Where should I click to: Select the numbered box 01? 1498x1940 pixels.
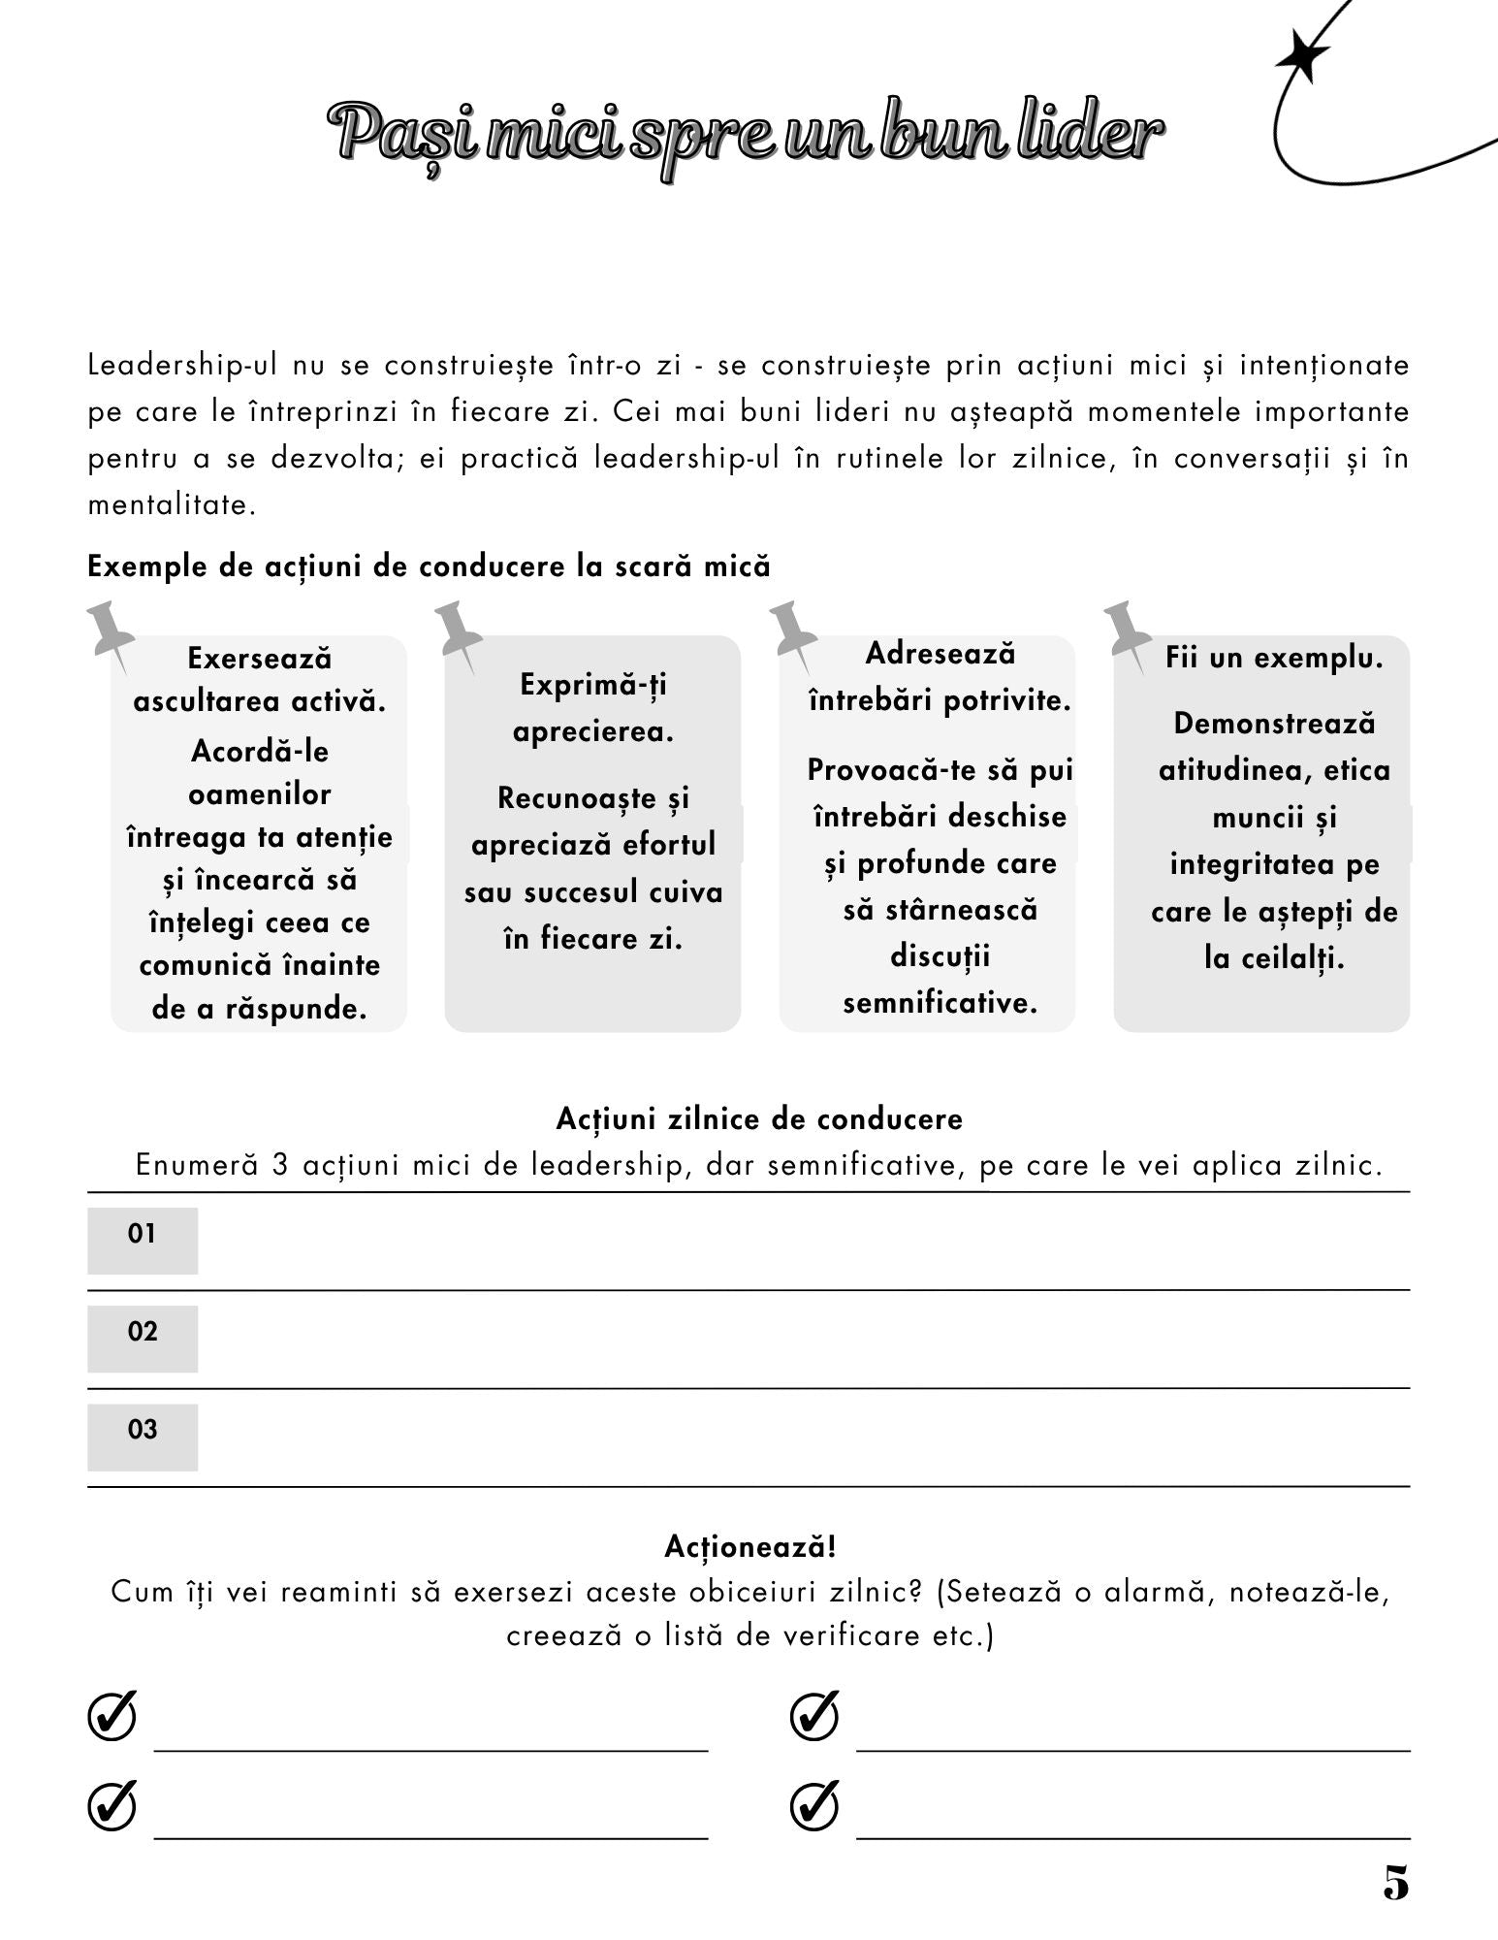143,1240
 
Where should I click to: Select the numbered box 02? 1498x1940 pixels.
143,1338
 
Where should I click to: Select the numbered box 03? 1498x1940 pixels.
143,1436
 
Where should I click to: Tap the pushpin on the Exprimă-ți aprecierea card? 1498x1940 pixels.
457,629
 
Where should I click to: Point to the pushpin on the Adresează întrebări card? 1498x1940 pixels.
792,629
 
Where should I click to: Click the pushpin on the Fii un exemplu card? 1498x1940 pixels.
1127,629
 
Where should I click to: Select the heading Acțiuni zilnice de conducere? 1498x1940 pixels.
759,1118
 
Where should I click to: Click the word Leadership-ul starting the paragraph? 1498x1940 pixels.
182,366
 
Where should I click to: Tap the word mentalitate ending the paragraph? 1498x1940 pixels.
171,505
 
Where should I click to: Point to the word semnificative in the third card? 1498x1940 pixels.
940,1002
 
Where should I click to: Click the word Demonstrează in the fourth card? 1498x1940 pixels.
1274,724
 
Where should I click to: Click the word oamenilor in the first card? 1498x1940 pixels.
259,794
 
